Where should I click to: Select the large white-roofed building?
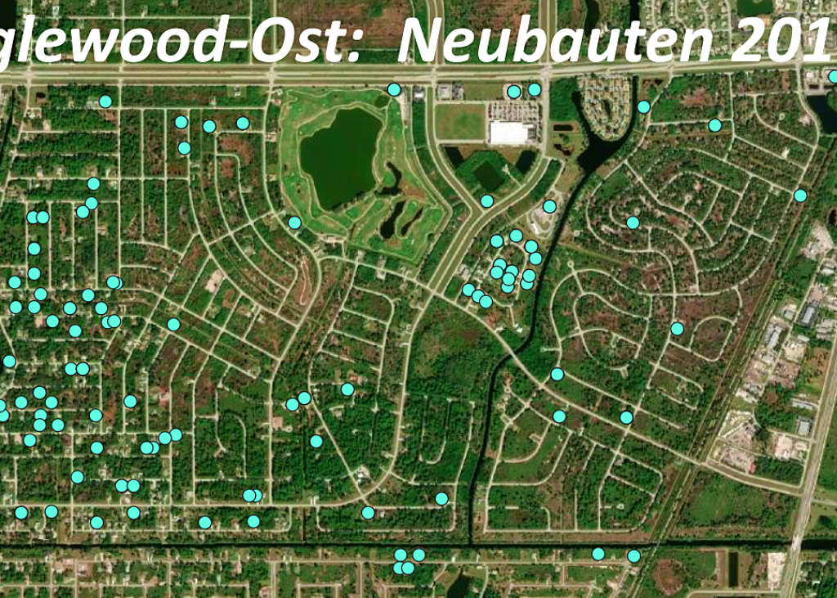pyautogui.click(x=512, y=132)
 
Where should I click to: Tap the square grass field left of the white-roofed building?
pyautogui.click(x=459, y=121)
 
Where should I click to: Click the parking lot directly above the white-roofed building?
pyautogui.click(x=512, y=110)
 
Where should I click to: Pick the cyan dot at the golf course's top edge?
pyautogui.click(x=394, y=89)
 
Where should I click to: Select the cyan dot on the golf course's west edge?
pyautogui.click(x=294, y=223)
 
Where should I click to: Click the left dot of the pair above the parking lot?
pyautogui.click(x=513, y=92)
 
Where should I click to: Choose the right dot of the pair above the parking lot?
pyautogui.click(x=534, y=89)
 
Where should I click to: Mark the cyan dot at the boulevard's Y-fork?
pyautogui.click(x=487, y=201)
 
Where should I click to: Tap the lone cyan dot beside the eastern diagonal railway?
pyautogui.click(x=799, y=196)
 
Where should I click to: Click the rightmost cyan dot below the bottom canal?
pyautogui.click(x=633, y=556)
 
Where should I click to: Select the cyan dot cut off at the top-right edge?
pyautogui.click(x=833, y=77)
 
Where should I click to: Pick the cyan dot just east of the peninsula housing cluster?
pyautogui.click(x=643, y=107)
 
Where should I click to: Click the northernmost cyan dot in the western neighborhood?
pyautogui.click(x=105, y=101)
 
